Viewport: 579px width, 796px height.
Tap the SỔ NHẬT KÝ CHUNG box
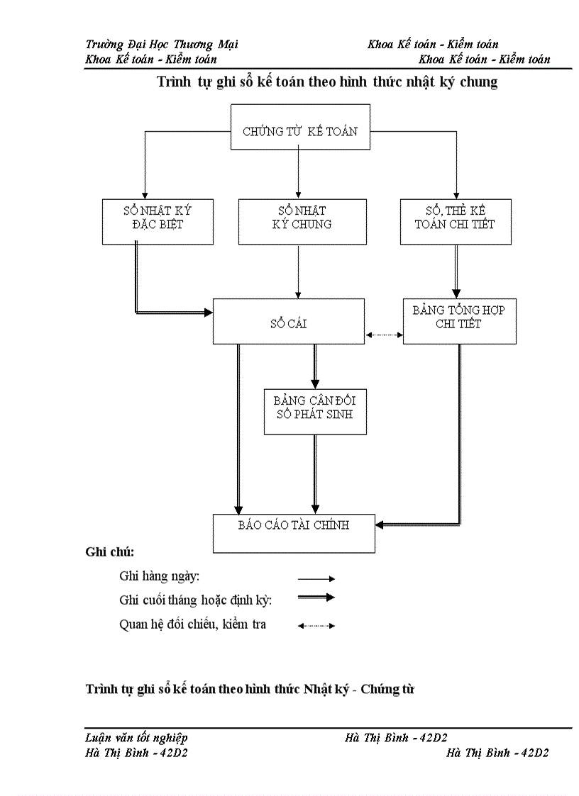(302, 222)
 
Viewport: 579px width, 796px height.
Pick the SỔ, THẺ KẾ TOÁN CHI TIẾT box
(456, 222)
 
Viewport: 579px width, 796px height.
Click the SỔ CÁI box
(289, 321)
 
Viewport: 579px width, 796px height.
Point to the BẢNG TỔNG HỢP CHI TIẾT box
(459, 321)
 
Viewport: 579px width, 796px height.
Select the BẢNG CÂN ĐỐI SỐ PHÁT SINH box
(315, 411)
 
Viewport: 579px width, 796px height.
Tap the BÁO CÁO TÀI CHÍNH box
(294, 533)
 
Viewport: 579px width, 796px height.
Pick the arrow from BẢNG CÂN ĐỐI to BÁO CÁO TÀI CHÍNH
(315, 471)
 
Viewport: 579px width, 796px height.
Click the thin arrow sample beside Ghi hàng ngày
(316, 579)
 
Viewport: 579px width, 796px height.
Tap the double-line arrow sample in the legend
(316, 598)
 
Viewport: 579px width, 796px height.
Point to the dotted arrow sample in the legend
(316, 625)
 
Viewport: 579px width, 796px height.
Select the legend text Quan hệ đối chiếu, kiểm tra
(193, 625)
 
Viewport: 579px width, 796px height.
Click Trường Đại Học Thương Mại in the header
(161, 44)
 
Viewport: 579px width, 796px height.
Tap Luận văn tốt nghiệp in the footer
(136, 738)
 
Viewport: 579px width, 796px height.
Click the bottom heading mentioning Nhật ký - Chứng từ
(249, 688)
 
